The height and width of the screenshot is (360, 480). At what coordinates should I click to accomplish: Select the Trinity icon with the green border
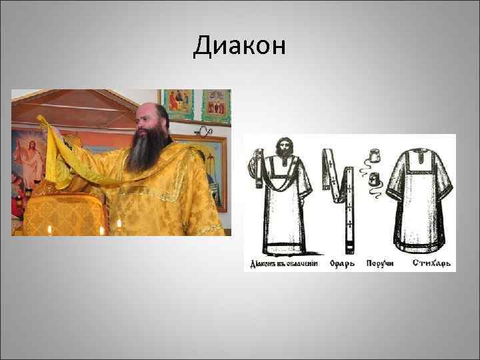tap(179, 104)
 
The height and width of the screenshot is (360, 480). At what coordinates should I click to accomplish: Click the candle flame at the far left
tap(49, 229)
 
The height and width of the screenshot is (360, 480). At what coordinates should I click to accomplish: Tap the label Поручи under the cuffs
tap(379, 263)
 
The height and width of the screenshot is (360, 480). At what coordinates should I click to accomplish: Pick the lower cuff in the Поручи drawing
tap(373, 179)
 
